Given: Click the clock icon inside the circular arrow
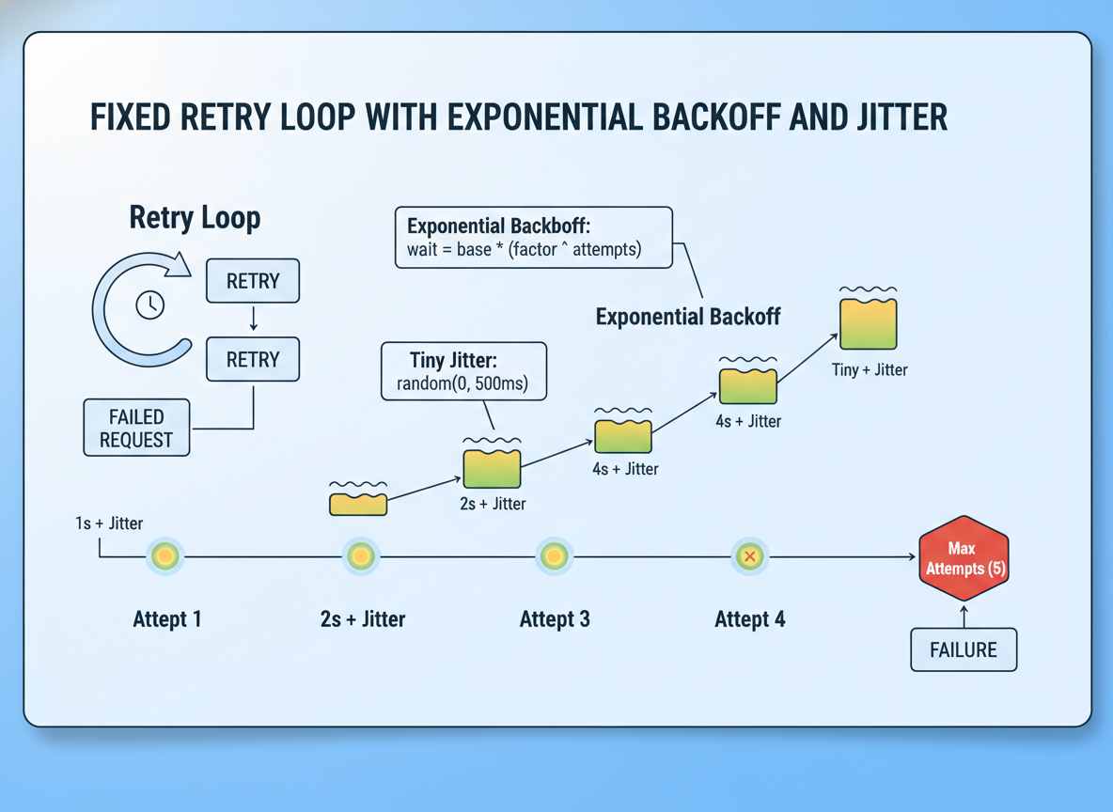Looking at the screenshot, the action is click(149, 304).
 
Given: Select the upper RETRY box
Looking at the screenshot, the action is click(253, 281).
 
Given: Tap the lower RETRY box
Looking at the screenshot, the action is click(253, 359).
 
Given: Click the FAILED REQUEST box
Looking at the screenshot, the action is click(136, 428).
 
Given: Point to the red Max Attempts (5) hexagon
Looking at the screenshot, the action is click(964, 558).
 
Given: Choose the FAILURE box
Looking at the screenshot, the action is click(964, 649).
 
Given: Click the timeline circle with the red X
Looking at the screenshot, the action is click(749, 556).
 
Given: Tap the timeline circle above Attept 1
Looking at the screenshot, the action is click(165, 555).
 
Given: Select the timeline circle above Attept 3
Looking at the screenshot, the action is click(554, 555).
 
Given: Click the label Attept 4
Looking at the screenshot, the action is click(749, 619).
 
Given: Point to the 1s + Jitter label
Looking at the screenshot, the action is click(109, 523).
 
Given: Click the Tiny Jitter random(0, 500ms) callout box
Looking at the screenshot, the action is click(464, 371).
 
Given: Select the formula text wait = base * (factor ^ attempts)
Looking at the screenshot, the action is click(524, 249).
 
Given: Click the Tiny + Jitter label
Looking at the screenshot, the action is click(870, 369).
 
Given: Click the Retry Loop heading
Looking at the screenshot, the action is click(195, 218).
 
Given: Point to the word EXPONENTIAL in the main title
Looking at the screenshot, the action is click(545, 117).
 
